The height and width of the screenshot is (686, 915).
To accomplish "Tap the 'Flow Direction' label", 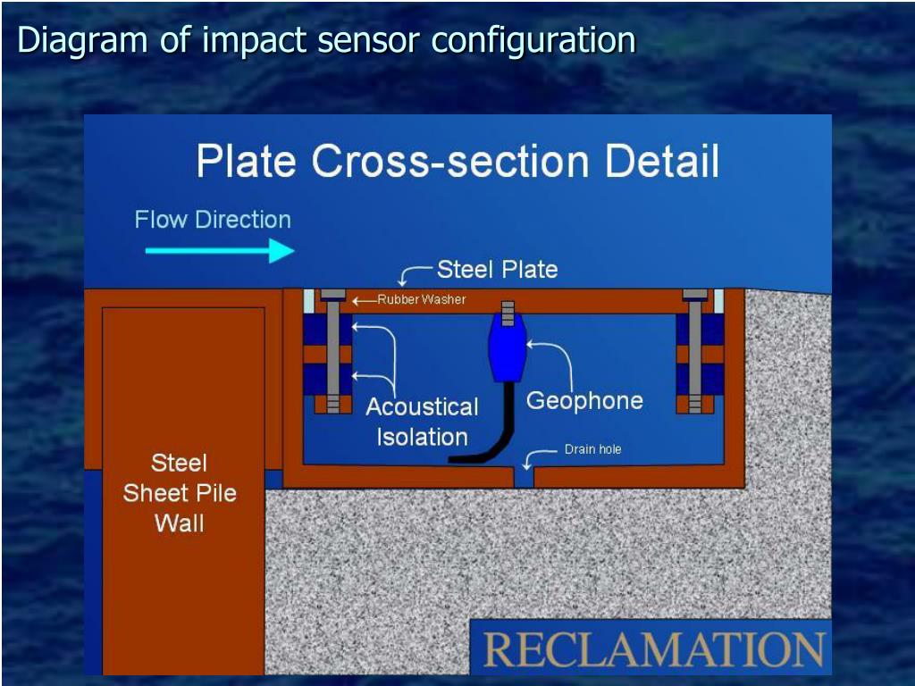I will click(x=213, y=220).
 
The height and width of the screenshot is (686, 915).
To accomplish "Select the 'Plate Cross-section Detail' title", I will click(x=457, y=162).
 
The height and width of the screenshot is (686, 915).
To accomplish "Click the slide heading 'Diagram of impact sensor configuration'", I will click(x=326, y=40).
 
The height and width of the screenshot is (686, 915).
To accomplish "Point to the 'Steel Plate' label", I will click(x=497, y=270).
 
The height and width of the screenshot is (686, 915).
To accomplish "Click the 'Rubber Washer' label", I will click(x=421, y=300).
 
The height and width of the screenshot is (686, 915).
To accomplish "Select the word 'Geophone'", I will click(x=584, y=400).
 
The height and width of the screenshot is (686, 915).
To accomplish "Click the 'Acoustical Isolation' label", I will click(x=422, y=422).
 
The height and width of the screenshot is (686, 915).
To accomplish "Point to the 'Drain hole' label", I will click(x=592, y=449).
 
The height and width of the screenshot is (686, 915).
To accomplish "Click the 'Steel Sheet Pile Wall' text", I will click(x=180, y=493).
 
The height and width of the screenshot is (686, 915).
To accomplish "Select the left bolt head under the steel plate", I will click(x=332, y=294).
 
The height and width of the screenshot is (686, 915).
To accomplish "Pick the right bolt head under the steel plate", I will click(x=695, y=294).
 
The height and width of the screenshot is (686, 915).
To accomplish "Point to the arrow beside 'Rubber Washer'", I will click(x=364, y=301).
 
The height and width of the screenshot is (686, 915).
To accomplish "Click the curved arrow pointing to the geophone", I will click(x=558, y=362).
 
